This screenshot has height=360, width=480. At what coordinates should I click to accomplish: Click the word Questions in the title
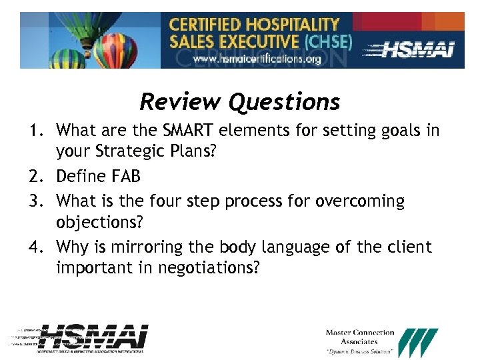(284, 102)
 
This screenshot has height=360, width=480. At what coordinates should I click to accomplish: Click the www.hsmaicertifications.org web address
(257, 59)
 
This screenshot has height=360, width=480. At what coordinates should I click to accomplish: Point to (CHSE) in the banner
(327, 42)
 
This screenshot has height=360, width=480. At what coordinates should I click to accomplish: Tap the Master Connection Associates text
(359, 337)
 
